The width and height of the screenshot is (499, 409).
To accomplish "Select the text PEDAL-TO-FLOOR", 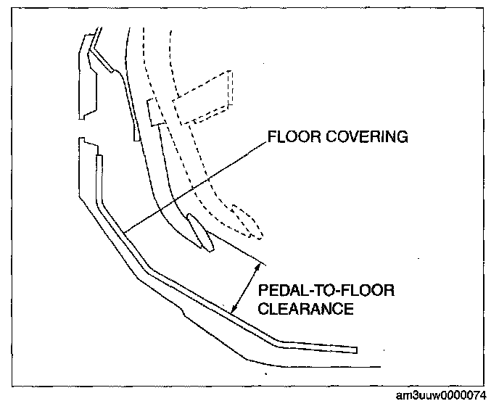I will [x=326, y=291].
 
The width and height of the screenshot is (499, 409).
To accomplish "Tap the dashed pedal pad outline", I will [x=247, y=222].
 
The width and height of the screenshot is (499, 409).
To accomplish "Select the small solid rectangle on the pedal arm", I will [x=153, y=112].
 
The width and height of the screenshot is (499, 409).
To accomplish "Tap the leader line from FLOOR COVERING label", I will [x=196, y=184].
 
